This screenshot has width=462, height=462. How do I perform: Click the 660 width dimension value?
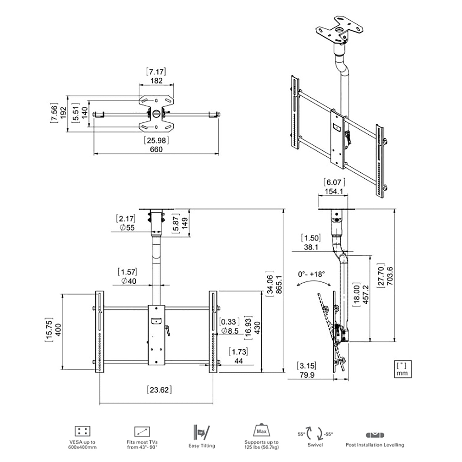[156, 149]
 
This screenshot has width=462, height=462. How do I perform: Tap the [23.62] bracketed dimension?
[159, 390]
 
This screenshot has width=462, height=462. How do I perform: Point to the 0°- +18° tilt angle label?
[311, 274]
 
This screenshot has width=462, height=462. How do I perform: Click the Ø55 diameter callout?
[127, 228]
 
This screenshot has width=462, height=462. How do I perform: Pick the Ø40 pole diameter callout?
[128, 281]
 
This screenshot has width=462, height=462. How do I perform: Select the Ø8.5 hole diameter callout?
[230, 331]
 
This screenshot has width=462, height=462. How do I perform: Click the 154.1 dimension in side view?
[334, 191]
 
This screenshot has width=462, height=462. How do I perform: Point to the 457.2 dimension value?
[366, 294]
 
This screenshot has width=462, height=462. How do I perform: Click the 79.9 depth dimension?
[307, 375]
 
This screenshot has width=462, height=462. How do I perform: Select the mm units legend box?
[402, 369]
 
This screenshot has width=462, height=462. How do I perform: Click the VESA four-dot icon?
[82, 431]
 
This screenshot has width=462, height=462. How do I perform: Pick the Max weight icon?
[261, 430]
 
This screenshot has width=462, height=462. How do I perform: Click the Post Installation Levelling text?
[375, 445]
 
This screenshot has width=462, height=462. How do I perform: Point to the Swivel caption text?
[315, 445]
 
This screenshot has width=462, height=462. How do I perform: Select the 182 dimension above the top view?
[156, 81]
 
